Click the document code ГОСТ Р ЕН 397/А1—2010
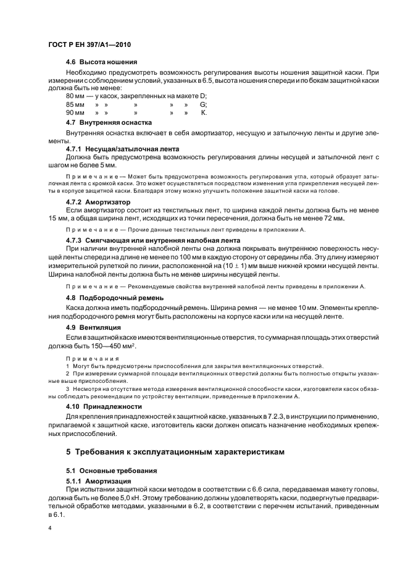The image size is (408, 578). [x=89, y=46]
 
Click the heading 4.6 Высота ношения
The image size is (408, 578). [x=101, y=63]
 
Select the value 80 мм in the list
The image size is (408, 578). [x=75, y=96]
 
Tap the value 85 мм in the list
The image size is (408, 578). [x=75, y=104]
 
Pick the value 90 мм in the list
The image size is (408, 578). [x=75, y=113]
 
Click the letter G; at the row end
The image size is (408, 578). [x=203, y=104]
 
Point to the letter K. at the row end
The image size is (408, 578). [x=204, y=113]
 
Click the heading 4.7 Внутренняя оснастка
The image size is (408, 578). [x=109, y=122]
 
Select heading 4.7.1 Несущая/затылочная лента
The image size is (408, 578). [x=122, y=149]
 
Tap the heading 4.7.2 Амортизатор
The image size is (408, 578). [x=98, y=202]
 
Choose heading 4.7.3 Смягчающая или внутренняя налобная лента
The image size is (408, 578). [x=152, y=240]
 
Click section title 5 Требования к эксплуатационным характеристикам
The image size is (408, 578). [x=176, y=452]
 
